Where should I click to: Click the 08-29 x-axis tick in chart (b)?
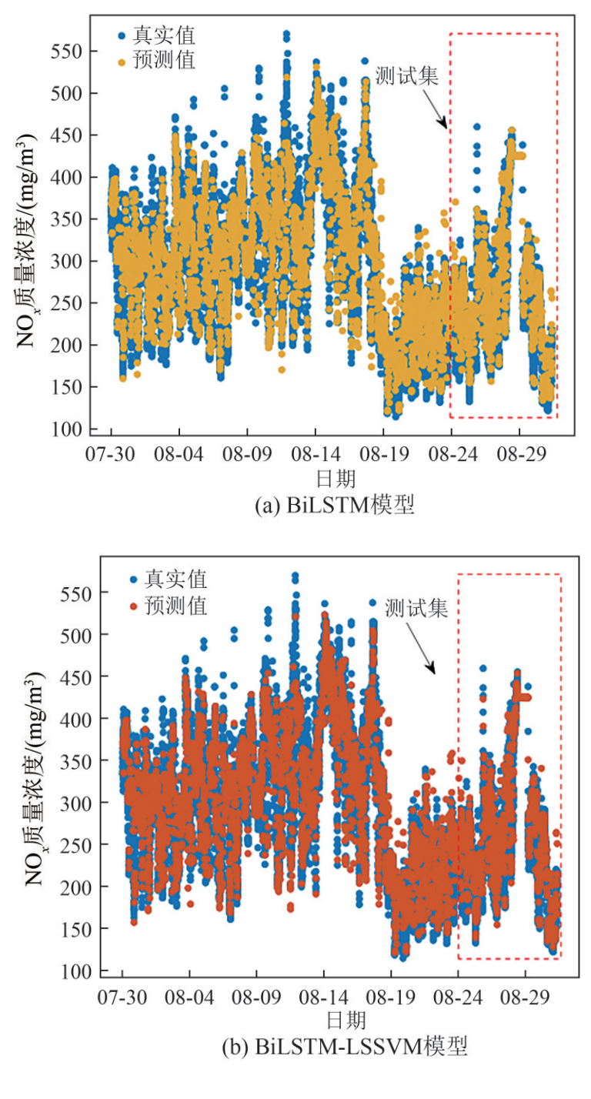point(525,997)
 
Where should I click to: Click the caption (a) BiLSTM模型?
point(336,506)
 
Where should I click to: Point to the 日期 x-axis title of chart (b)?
point(344,1021)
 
